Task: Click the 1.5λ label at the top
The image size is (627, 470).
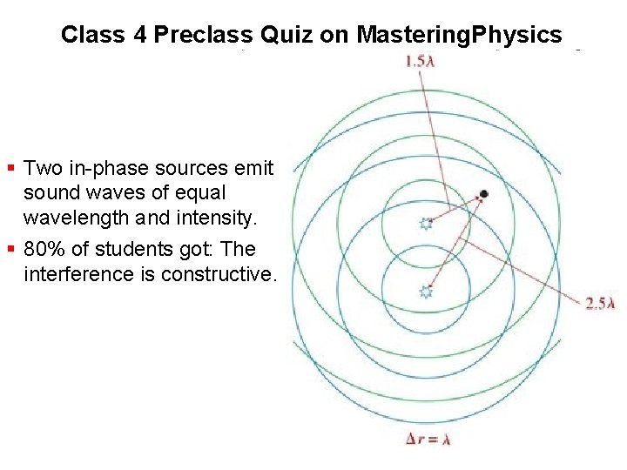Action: pyautogui.click(x=422, y=62)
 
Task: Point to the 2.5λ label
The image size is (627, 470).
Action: pyautogui.click(x=600, y=303)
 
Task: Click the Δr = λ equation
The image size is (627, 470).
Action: pyautogui.click(x=428, y=440)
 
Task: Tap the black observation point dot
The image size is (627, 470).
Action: pyautogui.click(x=483, y=193)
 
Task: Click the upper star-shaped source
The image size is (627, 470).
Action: pyautogui.click(x=426, y=225)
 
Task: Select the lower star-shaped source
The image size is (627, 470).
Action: pyautogui.click(x=426, y=292)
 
